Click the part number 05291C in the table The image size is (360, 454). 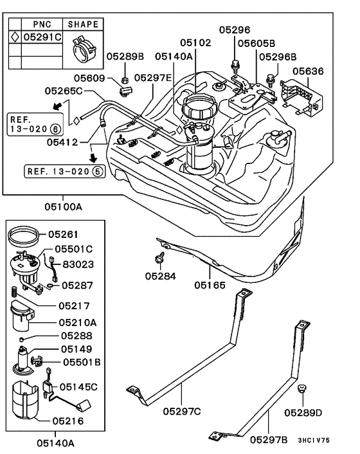(42, 37)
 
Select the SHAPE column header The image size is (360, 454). (83, 24)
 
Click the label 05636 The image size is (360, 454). (309, 71)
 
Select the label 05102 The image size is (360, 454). (195, 42)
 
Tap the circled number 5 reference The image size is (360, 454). (97, 172)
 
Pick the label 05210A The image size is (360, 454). (78, 322)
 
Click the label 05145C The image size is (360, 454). (78, 386)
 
